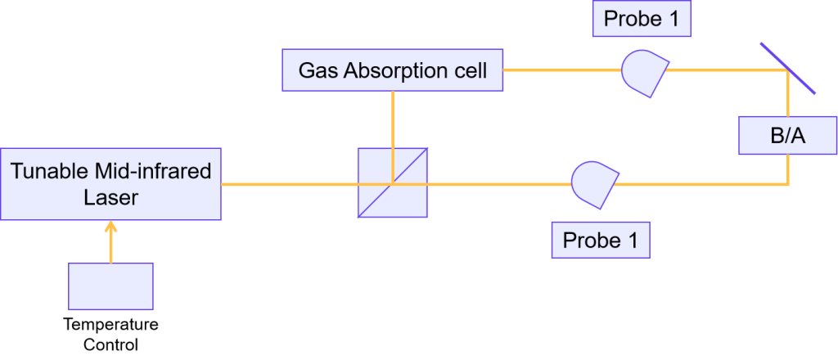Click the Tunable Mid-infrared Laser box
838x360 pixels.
[110, 184]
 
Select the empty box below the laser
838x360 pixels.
[110, 286]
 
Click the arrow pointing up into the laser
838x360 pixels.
[111, 241]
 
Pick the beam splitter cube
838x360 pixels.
[393, 182]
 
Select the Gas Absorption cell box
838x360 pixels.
[392, 70]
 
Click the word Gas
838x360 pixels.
[315, 70]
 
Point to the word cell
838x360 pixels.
[469, 70]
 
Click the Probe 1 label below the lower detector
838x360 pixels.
[601, 241]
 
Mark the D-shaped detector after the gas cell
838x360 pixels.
[644, 72]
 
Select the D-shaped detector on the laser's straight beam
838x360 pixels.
[593, 183]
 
